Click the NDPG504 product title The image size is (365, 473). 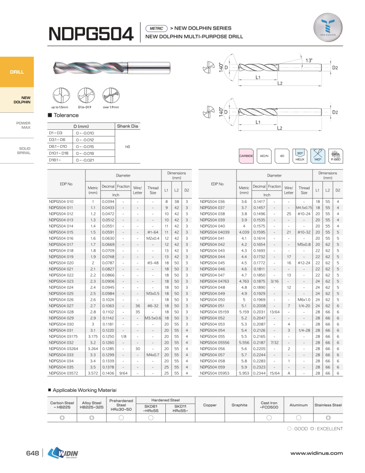(x=91, y=34)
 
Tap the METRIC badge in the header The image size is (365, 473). (x=157, y=28)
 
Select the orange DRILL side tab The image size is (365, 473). (x=17, y=72)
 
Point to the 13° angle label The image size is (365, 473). (x=309, y=60)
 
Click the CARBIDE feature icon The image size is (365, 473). (x=246, y=156)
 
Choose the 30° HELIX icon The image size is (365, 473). (x=300, y=156)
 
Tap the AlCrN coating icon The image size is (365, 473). (x=264, y=156)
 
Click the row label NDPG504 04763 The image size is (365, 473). (x=215, y=281)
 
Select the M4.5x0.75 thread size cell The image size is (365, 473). (x=304, y=207)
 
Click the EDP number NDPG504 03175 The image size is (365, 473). (x=63, y=336)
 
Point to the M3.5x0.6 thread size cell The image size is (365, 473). (x=153, y=318)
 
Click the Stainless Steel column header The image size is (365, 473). (x=328, y=405)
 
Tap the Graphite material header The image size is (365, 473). (x=239, y=405)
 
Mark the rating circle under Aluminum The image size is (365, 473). (x=298, y=418)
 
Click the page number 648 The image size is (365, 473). (x=32, y=453)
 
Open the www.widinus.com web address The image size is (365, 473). (x=317, y=453)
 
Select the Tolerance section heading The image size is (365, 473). (x=66, y=115)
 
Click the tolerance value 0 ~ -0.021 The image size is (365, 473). (x=85, y=160)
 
